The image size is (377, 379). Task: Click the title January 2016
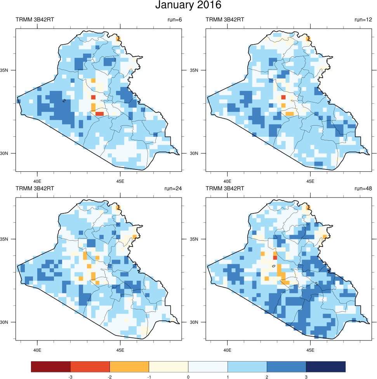coord(188,5)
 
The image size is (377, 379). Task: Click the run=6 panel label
coord(174,19)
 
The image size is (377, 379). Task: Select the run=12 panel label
coord(363,19)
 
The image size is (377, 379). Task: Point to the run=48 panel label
coord(363,189)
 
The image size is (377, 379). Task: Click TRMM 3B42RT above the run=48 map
coord(225,189)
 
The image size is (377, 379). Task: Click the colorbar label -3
coord(70,377)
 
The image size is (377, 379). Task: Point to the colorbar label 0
coord(188,377)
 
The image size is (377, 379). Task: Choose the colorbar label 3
coord(306,377)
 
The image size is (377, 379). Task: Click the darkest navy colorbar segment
coord(325,366)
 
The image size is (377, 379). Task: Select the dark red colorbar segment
coord(51,366)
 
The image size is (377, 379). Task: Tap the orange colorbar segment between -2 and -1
coord(129,366)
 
